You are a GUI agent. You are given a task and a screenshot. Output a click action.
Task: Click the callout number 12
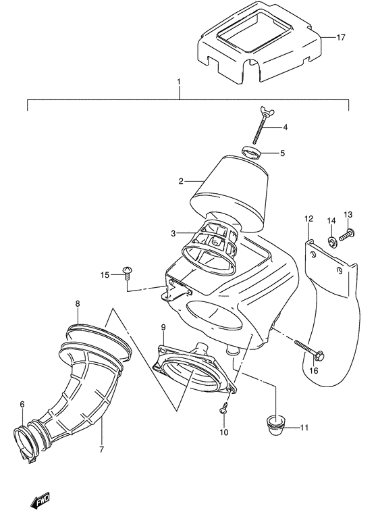click(x=308, y=218)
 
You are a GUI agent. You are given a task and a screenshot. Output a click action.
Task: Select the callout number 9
click(x=162, y=328)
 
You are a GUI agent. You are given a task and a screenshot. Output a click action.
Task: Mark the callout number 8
click(x=78, y=304)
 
